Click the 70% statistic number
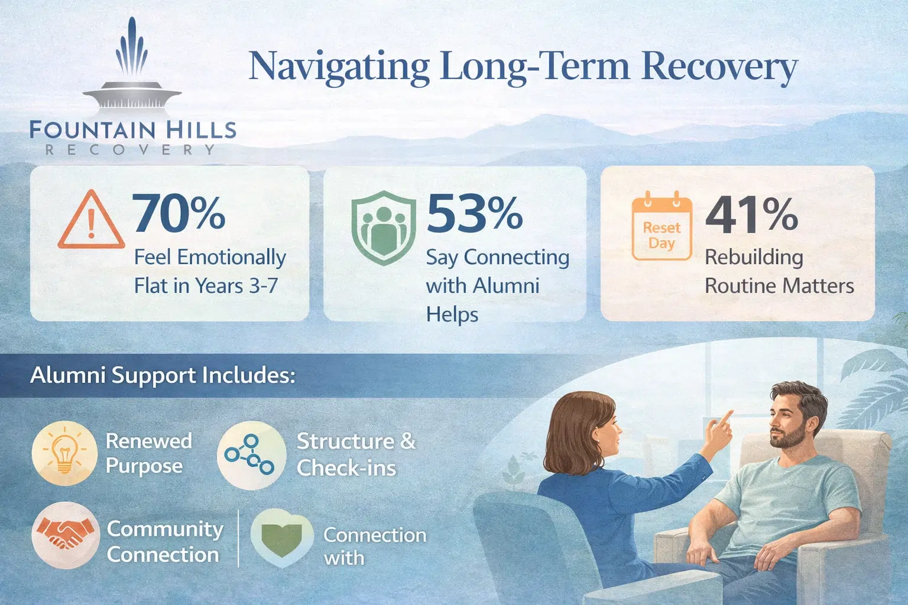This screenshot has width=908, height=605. click(178, 213)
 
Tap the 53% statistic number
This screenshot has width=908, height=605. click(474, 213)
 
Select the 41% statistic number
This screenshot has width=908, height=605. click(751, 214)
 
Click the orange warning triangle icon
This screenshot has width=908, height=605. click(91, 221)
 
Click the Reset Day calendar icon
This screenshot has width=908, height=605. click(661, 227)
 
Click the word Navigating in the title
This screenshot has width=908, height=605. click(339, 66)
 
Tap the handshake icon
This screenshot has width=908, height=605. click(65, 534)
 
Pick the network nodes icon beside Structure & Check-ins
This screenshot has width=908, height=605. click(251, 456)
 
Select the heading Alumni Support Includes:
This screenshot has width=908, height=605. click(163, 375)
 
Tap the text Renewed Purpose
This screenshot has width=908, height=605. click(148, 453)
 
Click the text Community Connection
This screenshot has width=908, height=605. click(164, 541)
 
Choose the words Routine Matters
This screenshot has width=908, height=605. click(779, 286)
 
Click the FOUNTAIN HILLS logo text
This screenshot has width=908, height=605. click(132, 129)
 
